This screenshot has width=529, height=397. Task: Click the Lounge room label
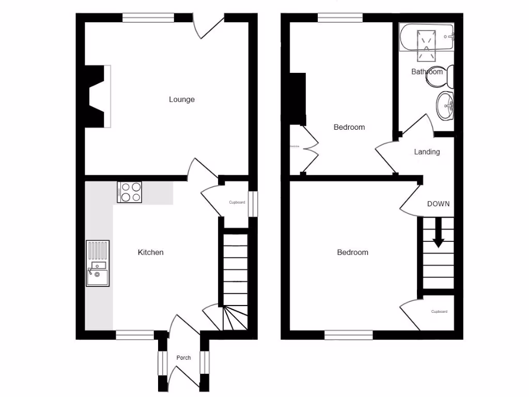coord(182,99)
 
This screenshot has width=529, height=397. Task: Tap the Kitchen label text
coord(150,252)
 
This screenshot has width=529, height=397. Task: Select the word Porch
coord(183,358)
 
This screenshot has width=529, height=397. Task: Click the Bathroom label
coord(427,72)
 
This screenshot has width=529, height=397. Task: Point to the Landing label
coord(427,152)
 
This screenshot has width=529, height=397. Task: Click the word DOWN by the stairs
coord(438,204)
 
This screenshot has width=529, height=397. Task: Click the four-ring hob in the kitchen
coord(130,192)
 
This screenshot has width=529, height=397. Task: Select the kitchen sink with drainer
coord(98,263)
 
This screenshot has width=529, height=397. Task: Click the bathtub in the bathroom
coord(426,37)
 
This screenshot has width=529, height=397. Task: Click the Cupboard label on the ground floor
coord(237,202)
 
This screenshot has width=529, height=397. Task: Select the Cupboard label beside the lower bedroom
coord(439,312)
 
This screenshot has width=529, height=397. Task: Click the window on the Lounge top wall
coord(148,18)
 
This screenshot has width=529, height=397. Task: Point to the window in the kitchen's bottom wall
coord(135,335)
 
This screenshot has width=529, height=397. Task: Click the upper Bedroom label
coord(349,127)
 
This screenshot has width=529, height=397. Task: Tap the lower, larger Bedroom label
coord(353,252)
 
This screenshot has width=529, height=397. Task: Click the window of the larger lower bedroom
coord(349,335)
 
